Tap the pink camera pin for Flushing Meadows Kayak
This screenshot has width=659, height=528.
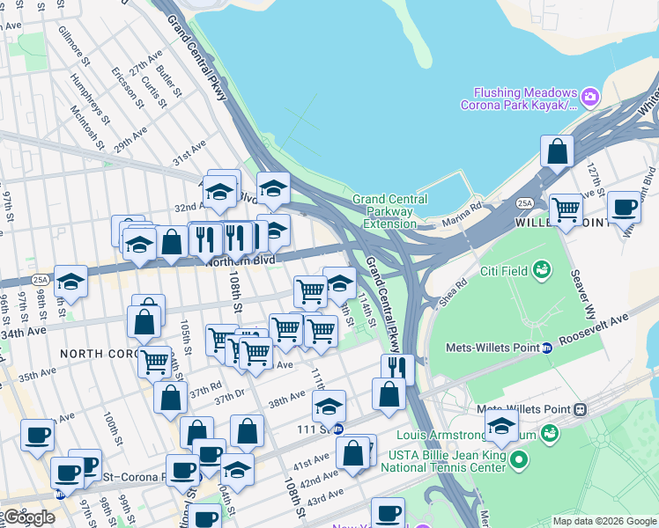click(x=590, y=95)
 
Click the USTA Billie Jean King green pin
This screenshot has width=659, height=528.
click(x=519, y=458)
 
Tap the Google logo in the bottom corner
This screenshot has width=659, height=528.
click(x=28, y=517)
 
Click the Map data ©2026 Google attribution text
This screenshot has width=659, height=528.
click(x=604, y=521)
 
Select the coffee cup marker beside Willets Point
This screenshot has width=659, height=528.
click(x=624, y=208)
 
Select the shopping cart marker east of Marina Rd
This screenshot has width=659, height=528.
click(x=566, y=210)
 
